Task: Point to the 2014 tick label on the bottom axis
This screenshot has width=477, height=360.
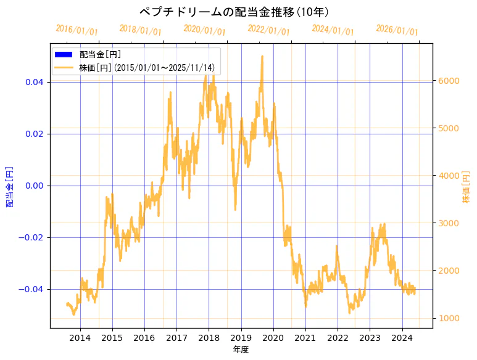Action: tap(80, 337)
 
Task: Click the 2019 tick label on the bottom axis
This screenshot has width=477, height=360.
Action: tap(241, 337)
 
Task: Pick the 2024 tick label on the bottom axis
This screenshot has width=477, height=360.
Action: tap(402, 337)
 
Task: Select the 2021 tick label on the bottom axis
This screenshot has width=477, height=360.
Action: tap(305, 337)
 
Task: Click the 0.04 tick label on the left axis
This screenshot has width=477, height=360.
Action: tap(34, 82)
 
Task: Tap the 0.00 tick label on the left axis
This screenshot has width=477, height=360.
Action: tap(34, 186)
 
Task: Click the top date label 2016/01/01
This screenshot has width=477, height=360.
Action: tap(77, 30)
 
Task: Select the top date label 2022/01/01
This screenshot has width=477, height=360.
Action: tap(268, 30)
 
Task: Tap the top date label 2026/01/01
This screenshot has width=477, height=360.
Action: tap(397, 30)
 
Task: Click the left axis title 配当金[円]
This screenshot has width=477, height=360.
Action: tap(10, 186)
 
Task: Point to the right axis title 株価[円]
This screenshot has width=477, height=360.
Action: tap(467, 186)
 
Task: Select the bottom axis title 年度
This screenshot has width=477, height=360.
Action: tap(241, 350)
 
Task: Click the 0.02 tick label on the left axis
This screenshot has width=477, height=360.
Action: tap(34, 134)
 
